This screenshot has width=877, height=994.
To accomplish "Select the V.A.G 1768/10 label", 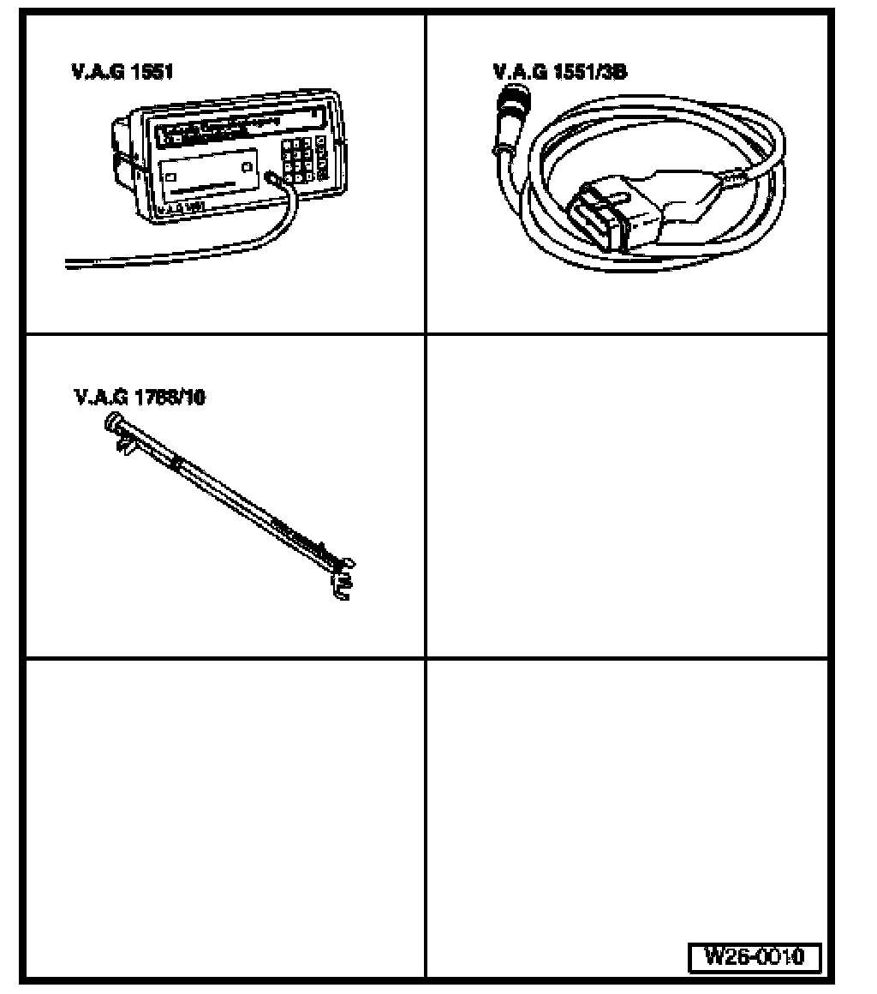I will coord(140,398).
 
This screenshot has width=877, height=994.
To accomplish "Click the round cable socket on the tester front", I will coord(272,177).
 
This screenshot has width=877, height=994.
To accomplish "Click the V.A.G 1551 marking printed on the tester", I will coord(180,207).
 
